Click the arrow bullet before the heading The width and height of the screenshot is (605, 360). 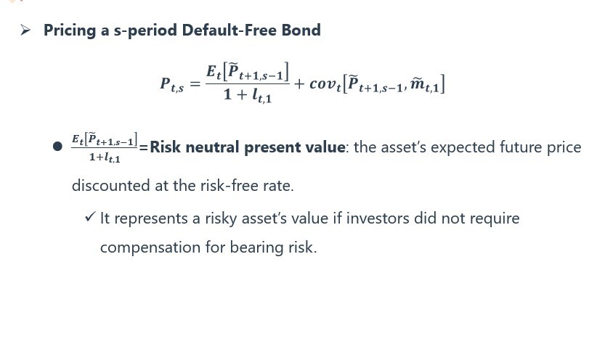pos(25,30)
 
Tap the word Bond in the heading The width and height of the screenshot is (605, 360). pos(301,30)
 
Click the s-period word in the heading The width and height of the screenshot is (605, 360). pos(145,30)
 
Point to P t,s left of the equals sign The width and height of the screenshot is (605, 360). pos(172,84)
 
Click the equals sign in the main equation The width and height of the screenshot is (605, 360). pos(195,83)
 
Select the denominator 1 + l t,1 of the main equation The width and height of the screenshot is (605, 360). pos(248,95)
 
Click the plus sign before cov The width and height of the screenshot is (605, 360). pos(299,83)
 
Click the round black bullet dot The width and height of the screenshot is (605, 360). pos(57,147)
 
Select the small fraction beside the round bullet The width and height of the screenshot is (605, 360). pos(104,147)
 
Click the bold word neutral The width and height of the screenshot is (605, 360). pos(212,147)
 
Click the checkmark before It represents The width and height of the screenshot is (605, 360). pos(90,216)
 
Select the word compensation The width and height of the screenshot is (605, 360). pos(150,247)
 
